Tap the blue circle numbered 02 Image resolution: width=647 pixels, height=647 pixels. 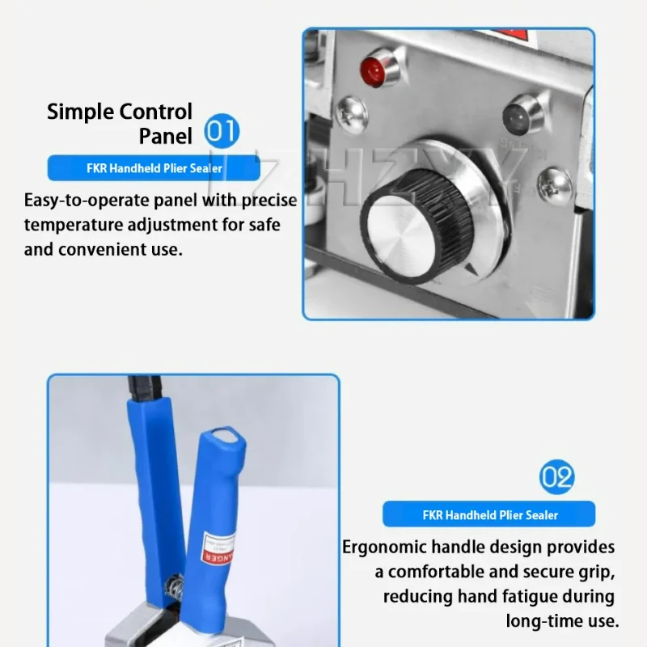(x=556, y=477)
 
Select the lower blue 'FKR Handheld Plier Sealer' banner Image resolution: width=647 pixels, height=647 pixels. (x=489, y=514)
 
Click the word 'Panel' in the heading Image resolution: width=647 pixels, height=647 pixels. (x=165, y=136)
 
